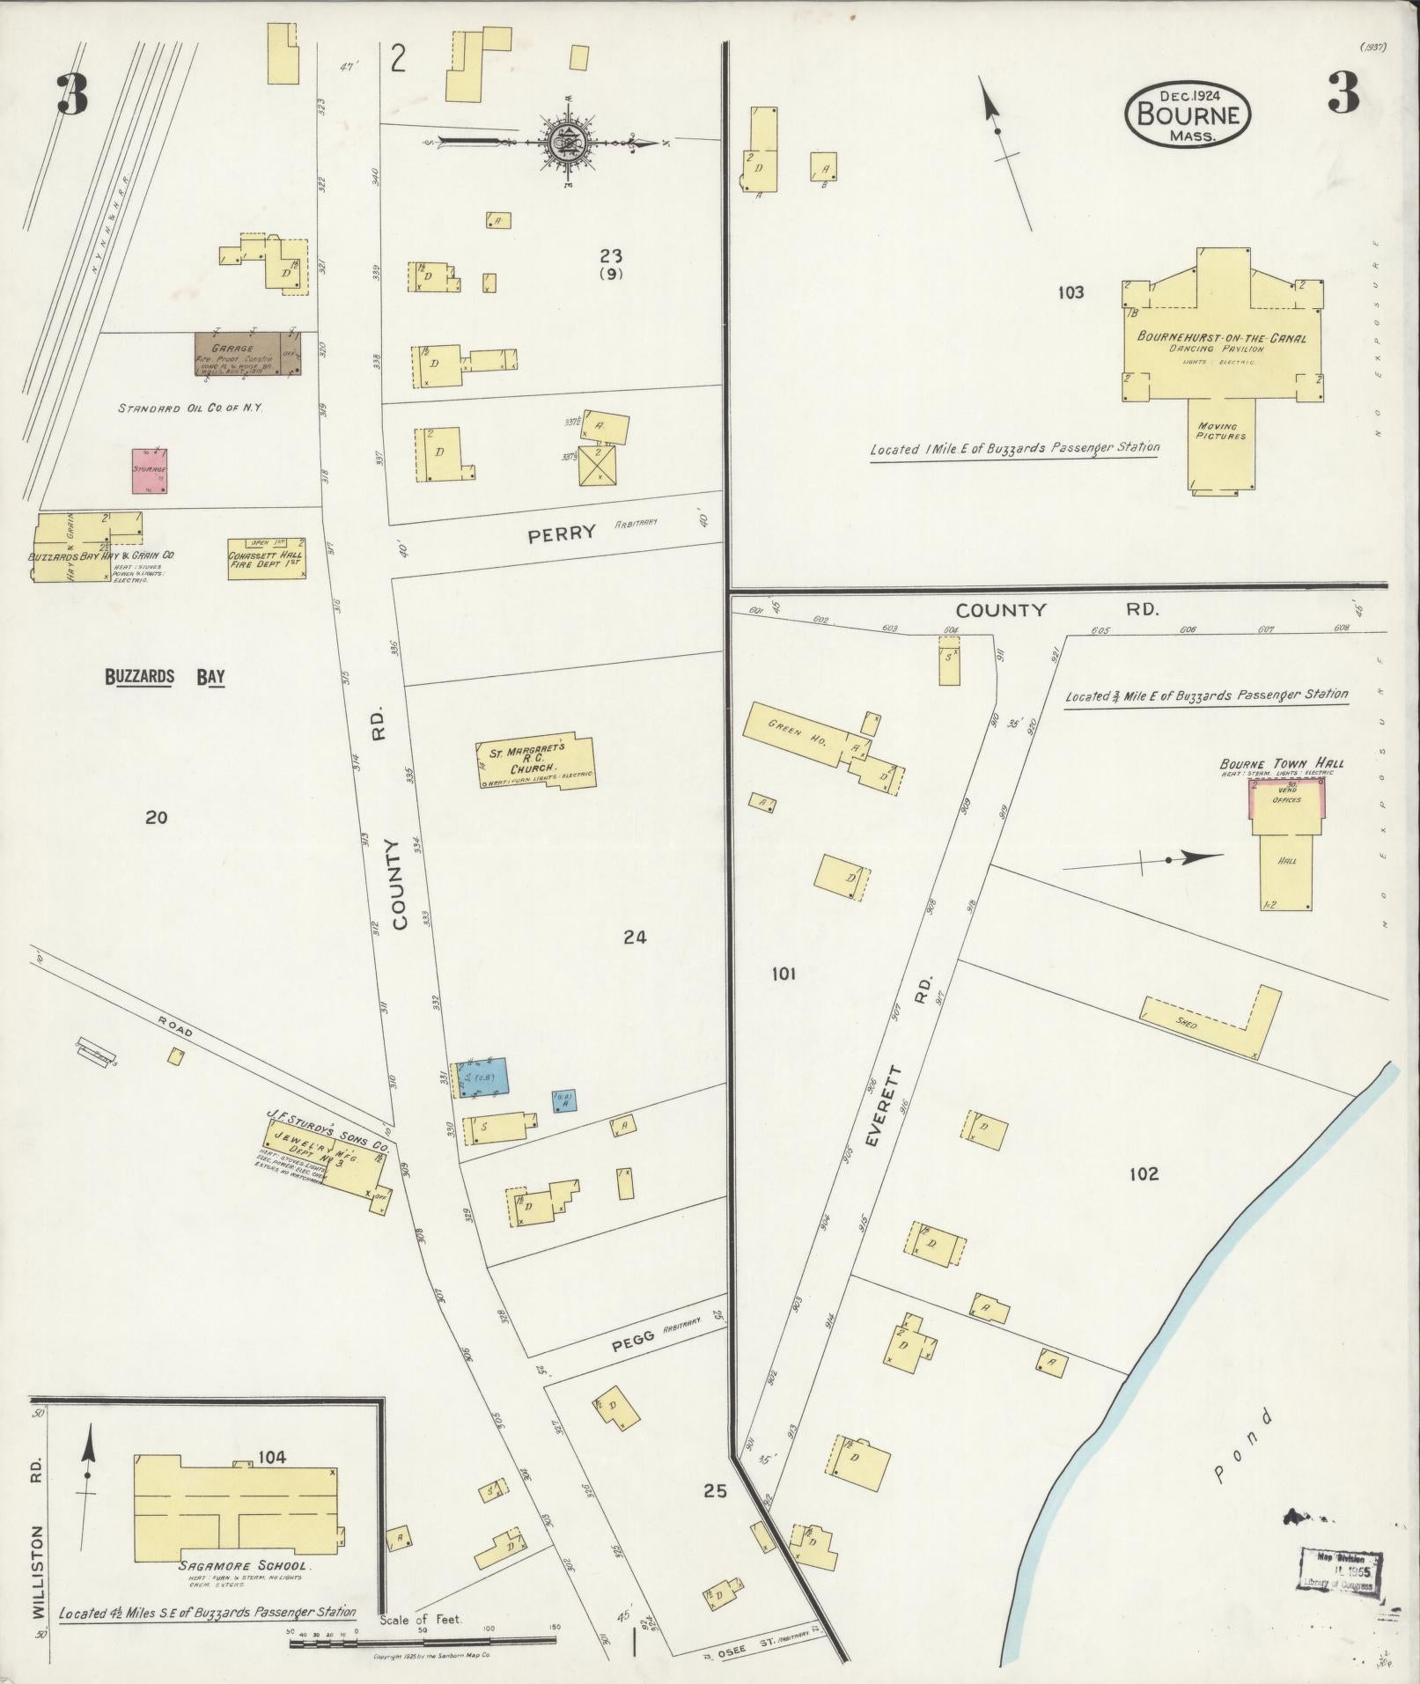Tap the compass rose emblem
coord(562,142)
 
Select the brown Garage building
coord(246,353)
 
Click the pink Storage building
coord(150,471)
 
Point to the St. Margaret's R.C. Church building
coord(537,761)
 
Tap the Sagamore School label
coord(242,1565)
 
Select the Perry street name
coord(562,533)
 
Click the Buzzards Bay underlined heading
coord(165,677)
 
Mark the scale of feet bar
coord(421,1641)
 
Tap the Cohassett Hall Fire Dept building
coord(266,557)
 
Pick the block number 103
coord(1071,292)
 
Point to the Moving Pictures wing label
coord(1220,430)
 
